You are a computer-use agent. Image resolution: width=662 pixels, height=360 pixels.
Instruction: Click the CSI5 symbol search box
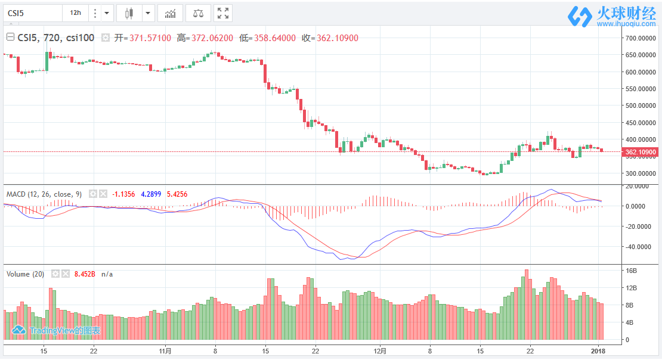33,13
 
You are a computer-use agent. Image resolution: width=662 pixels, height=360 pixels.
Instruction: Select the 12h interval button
75,13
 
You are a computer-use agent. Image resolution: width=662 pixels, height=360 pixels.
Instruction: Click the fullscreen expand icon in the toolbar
222,13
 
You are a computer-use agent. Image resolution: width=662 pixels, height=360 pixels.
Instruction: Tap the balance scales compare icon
197,13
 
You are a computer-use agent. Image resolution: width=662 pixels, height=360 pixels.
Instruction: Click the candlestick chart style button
129,13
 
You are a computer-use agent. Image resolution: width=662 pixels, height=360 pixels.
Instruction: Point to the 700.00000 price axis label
639,38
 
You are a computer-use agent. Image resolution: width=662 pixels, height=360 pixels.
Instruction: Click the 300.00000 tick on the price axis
639,174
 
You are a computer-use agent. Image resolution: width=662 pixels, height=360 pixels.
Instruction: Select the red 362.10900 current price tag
641,153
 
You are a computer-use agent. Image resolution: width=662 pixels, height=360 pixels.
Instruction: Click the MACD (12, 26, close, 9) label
44,194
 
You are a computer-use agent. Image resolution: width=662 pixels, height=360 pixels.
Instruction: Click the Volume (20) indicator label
26,274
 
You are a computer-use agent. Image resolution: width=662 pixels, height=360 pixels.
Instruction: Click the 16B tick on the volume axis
631,271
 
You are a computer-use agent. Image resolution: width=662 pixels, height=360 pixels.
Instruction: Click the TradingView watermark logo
57,330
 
